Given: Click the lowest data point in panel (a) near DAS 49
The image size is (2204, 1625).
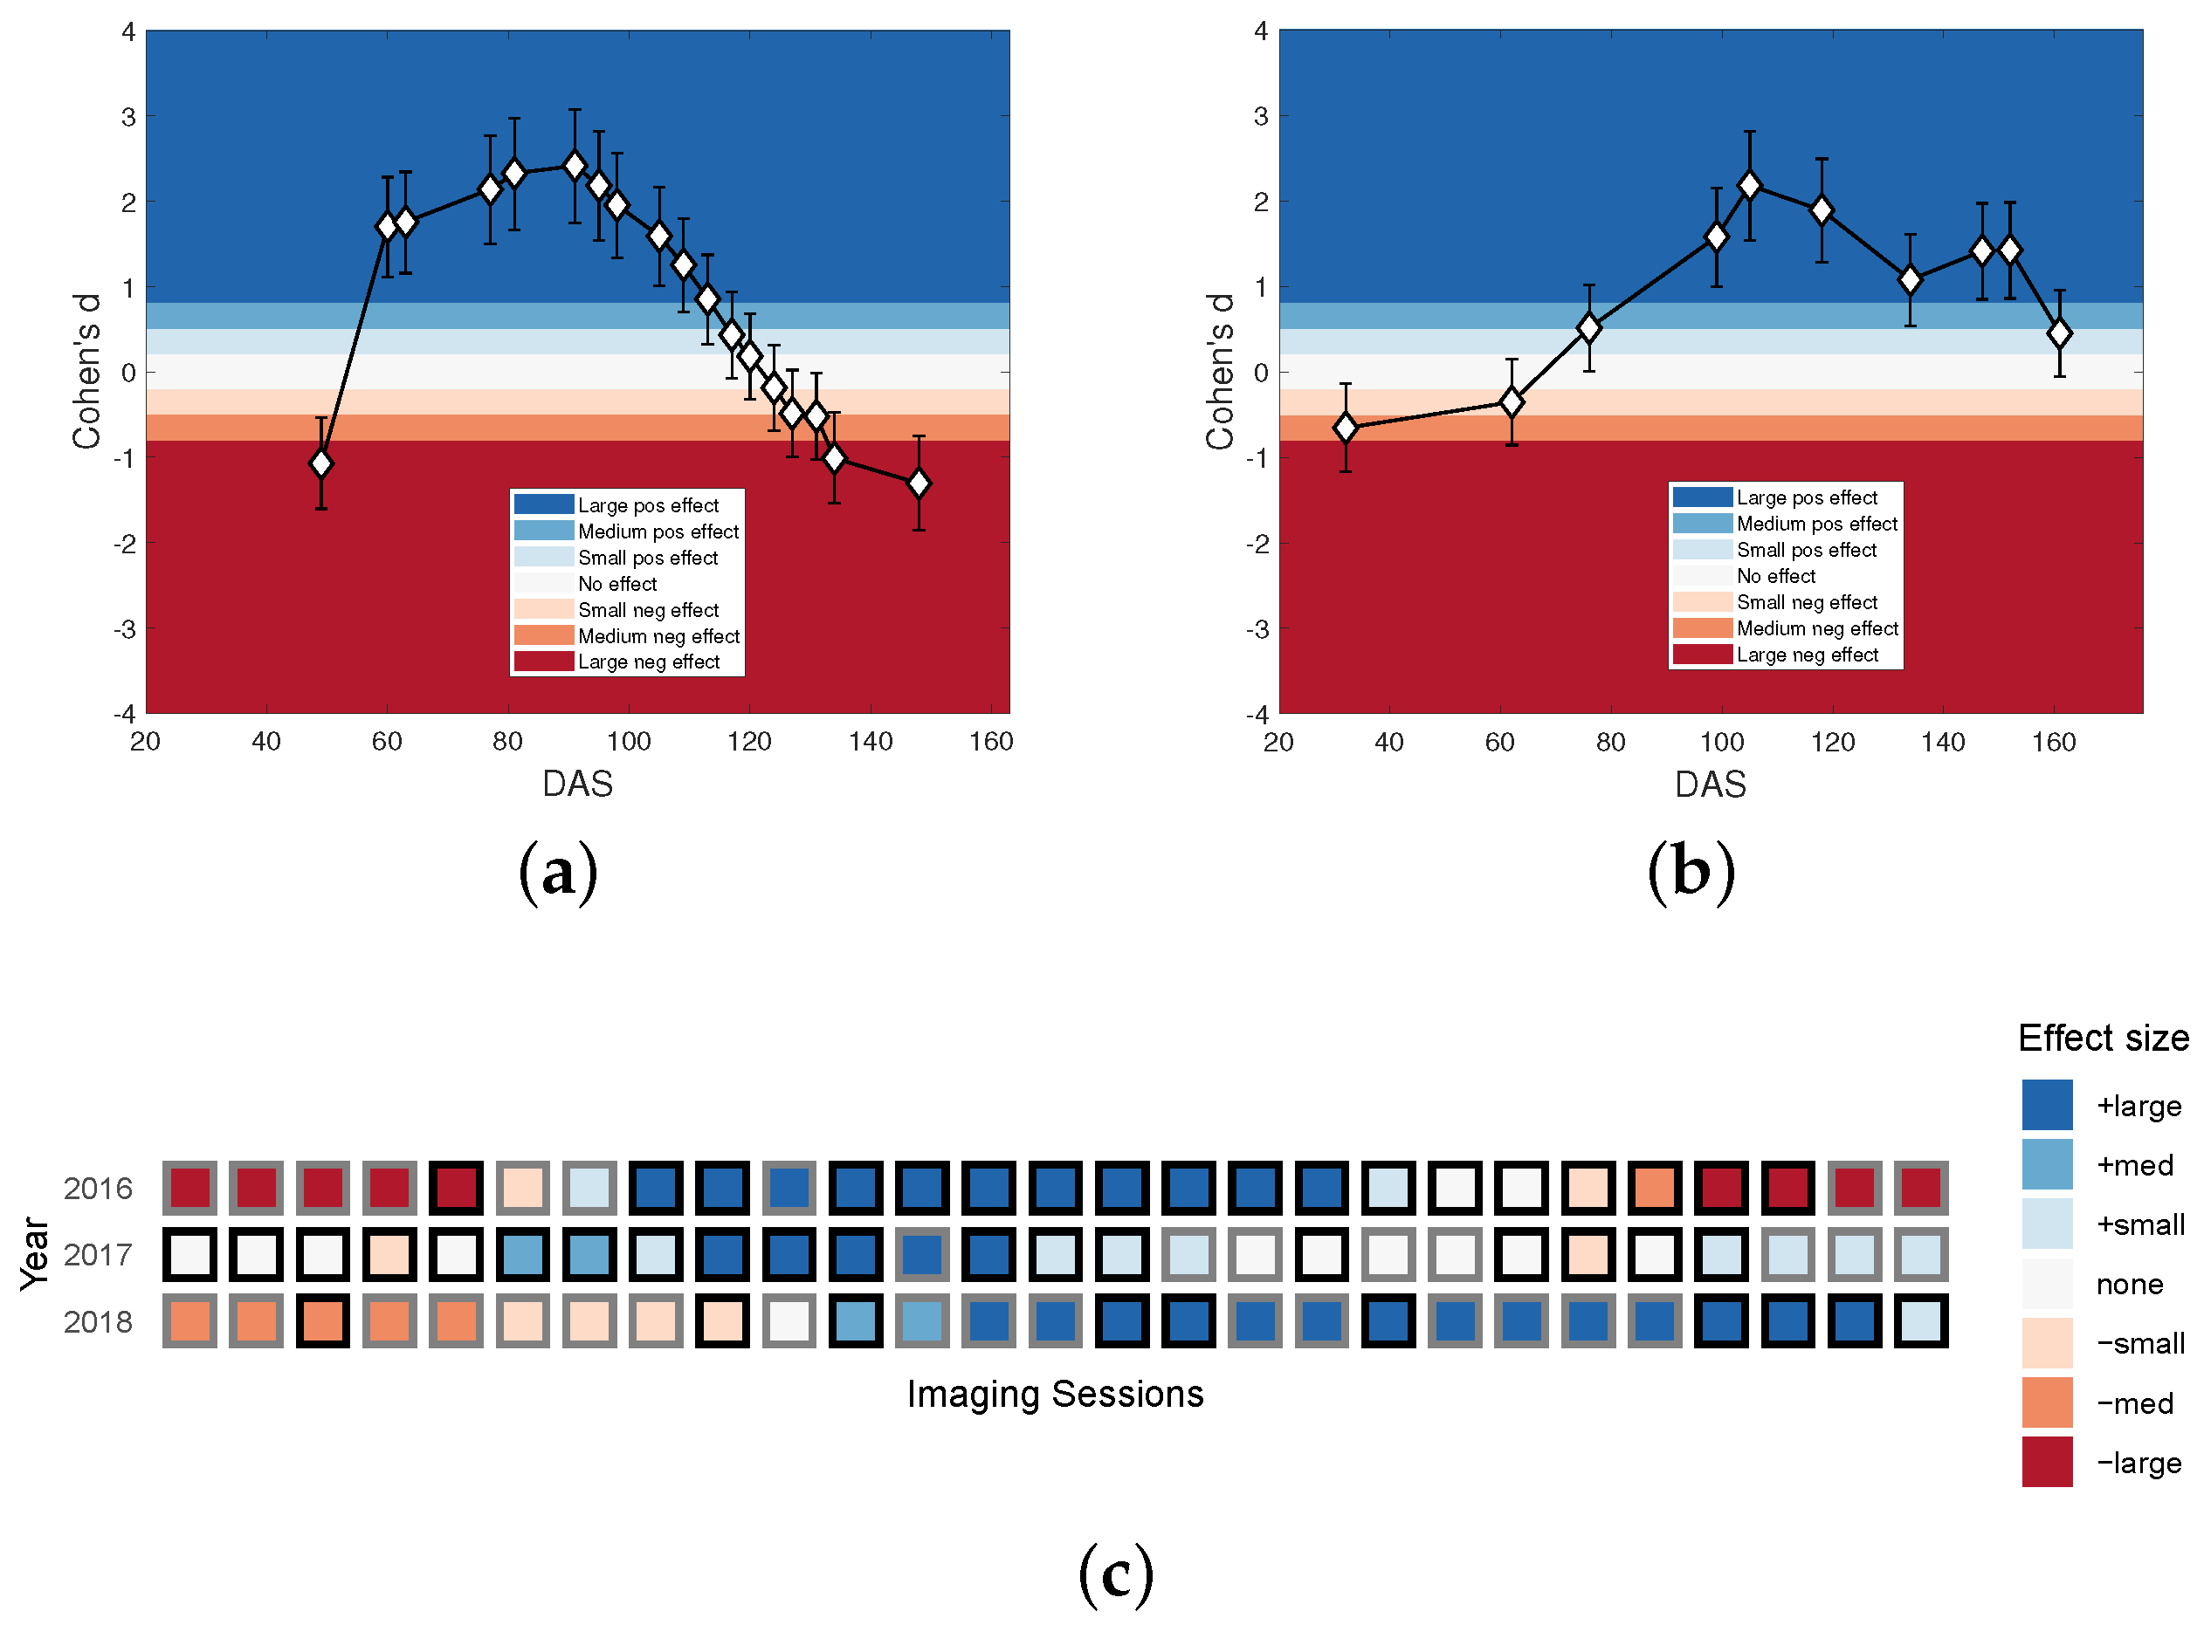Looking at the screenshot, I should click(320, 463).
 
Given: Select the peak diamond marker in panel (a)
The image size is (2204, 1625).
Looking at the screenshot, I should click(575, 165).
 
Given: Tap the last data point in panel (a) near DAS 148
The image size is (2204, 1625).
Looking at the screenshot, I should click(919, 483).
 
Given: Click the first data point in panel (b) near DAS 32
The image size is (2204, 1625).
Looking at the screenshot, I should click(1345, 427).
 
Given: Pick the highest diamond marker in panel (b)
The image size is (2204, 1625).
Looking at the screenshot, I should click(1749, 185).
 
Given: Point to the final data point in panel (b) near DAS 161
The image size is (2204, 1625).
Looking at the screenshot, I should click(2059, 333).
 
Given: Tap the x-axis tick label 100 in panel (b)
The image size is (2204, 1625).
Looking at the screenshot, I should click(1722, 742).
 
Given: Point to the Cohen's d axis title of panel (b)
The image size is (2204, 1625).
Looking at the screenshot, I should click(1220, 371).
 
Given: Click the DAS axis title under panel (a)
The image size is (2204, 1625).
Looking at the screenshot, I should click(577, 784).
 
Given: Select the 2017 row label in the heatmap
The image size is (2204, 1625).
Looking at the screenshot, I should click(98, 1254).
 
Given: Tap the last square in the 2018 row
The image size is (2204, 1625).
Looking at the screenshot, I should click(1920, 1320).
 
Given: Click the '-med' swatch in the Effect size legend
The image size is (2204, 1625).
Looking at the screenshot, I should click(2047, 1402).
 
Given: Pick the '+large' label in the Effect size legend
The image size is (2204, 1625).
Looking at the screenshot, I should click(2139, 1106).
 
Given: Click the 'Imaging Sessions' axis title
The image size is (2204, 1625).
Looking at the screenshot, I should click(1055, 1394).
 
